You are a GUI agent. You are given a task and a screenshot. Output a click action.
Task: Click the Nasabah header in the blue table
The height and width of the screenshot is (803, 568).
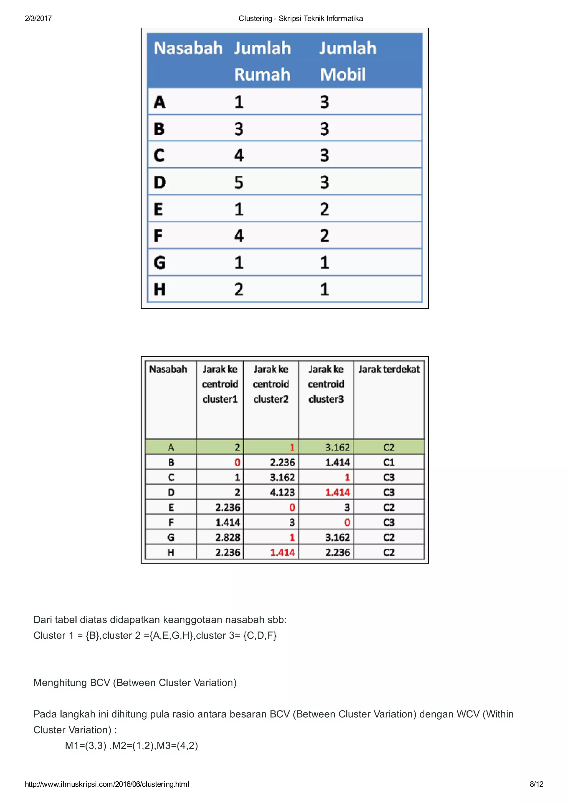(188, 48)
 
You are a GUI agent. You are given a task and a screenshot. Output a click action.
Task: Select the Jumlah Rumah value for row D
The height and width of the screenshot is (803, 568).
(239, 182)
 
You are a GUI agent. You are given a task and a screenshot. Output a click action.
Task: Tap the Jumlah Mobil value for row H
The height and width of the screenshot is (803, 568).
(324, 289)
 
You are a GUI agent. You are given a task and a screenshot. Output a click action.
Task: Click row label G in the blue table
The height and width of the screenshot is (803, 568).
(159, 262)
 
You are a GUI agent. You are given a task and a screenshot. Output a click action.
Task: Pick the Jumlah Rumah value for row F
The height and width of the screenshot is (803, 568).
(239, 235)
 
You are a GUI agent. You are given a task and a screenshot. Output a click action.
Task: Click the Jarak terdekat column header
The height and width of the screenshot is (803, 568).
(389, 369)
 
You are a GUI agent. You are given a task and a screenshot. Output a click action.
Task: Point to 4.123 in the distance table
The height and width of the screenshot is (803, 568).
(282, 492)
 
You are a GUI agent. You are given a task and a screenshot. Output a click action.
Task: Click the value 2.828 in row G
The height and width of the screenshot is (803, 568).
(227, 537)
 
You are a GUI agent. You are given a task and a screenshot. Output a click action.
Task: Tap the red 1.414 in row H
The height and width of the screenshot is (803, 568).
(282, 552)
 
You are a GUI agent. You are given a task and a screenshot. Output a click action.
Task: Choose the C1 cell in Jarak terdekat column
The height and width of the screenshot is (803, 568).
(389, 462)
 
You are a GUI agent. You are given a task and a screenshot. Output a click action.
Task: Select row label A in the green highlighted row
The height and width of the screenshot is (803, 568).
(171, 447)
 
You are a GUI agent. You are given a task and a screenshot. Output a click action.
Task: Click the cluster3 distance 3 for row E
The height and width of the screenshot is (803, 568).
(347, 507)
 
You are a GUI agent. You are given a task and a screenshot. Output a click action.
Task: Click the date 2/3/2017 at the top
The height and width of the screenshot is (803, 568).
(38, 19)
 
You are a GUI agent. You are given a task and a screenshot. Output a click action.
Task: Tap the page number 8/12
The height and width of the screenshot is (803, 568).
(536, 784)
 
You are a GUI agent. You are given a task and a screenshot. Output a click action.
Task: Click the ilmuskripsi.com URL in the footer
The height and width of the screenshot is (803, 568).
(107, 784)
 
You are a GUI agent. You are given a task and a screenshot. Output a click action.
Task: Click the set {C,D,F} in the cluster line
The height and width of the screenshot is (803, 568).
(260, 635)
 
